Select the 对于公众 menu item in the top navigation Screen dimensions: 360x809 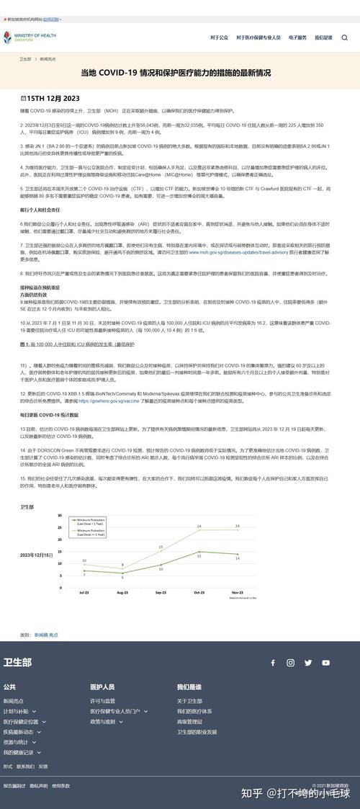[x=219, y=37]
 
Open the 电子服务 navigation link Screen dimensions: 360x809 [x=297, y=37]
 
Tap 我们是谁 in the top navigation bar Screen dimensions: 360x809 [x=323, y=37]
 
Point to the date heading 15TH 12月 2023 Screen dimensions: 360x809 [x=50, y=97]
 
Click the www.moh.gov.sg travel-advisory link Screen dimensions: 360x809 [x=223, y=253]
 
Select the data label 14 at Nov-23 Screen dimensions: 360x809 [x=238, y=558]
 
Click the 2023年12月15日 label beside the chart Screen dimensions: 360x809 [x=36, y=555]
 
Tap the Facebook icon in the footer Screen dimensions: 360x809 [x=273, y=663]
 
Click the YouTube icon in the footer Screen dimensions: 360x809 [x=326, y=663]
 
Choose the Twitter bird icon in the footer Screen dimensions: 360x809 [x=308, y=663]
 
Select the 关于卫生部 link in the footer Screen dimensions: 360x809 [x=189, y=701]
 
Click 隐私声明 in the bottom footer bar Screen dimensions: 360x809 [x=38, y=785]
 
